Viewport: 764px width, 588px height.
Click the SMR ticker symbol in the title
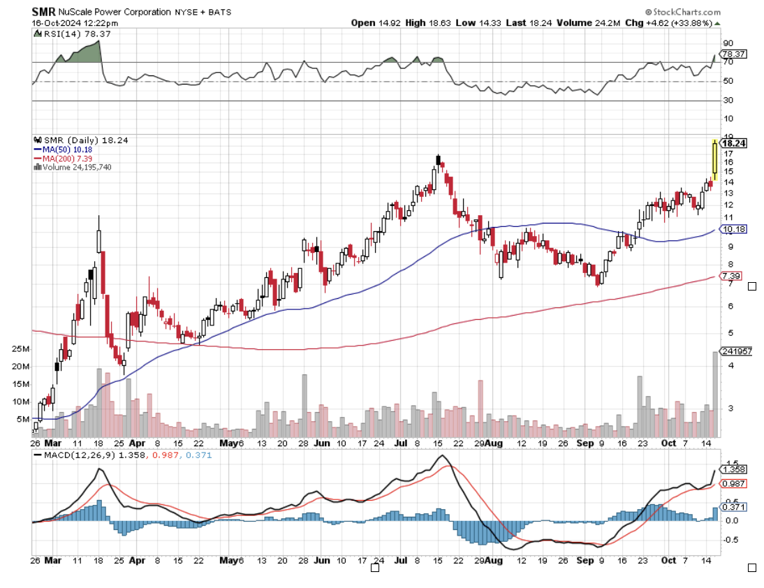tap(44, 12)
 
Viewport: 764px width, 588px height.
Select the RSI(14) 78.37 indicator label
tap(71, 33)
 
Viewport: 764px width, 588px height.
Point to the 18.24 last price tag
tap(735, 143)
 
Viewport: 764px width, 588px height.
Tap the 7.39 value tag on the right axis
tap(732, 276)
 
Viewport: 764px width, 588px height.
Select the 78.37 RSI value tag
tap(735, 54)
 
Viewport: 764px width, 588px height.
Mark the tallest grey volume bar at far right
tap(714, 395)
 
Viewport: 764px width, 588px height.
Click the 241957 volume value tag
tap(736, 351)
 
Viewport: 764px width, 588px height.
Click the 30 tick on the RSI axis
tap(728, 101)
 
